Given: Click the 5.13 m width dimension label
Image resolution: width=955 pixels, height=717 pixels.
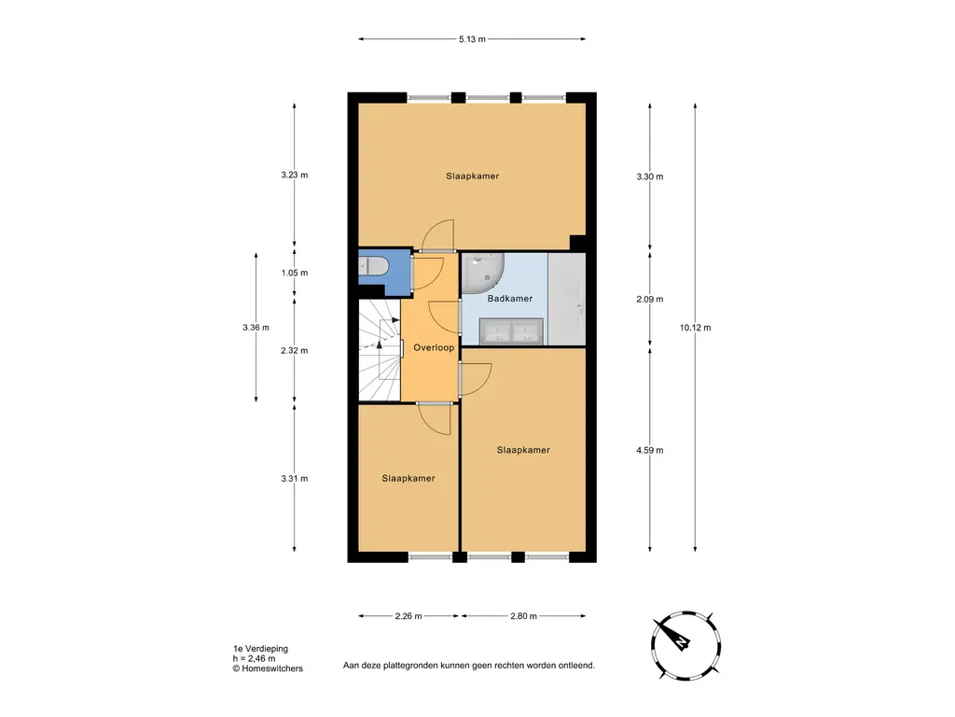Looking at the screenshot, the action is point(472,39).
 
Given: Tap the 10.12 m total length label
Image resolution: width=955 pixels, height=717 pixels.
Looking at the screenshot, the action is point(695,328).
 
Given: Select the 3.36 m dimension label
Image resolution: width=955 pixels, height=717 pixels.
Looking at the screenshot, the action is point(256,328).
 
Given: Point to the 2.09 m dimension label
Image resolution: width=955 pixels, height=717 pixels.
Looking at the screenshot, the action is point(650,299).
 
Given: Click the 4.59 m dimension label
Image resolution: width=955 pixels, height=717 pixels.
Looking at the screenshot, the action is point(650,450).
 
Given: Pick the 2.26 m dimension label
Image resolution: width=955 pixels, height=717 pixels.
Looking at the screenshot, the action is point(408,616).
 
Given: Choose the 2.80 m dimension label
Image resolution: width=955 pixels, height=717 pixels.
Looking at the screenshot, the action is point(523,616).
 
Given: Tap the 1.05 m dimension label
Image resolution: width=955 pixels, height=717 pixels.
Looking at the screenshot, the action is point(294,273).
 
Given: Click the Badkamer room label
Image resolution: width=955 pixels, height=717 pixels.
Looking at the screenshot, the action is point(510,298).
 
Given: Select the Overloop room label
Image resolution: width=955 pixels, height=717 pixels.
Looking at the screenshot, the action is point(434,347).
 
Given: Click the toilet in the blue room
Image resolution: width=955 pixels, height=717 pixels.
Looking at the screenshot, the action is point(373,266).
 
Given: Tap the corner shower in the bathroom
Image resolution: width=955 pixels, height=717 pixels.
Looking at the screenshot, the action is point(484,272).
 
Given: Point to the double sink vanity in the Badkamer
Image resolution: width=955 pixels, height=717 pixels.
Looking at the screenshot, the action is point(511,331).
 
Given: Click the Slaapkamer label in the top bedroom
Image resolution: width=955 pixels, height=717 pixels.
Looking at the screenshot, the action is point(472,176).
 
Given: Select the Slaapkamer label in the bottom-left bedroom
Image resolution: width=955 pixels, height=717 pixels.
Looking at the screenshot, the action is point(408,478).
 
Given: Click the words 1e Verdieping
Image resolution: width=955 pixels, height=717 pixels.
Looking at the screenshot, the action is point(261,649).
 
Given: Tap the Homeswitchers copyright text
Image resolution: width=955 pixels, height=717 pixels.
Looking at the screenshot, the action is point(268,668).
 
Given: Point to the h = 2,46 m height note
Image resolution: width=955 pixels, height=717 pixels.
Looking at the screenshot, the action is point(254,658).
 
